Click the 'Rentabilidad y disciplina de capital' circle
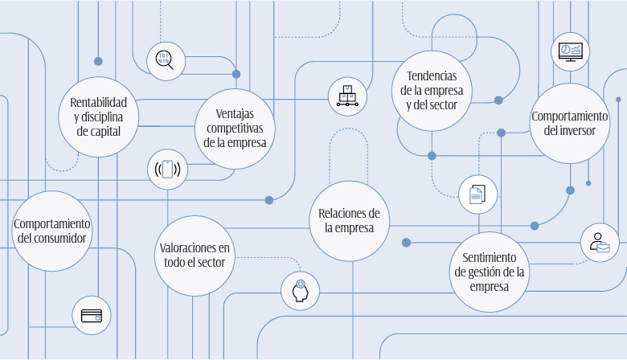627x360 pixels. pos(99,117)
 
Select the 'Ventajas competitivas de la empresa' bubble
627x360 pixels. pos(235,129)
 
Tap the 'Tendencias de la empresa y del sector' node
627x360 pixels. pos(432,90)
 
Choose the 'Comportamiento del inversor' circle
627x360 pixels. pos(569,123)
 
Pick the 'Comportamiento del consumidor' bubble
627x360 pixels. pos(52,231)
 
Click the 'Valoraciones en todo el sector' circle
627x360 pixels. pos(195,255)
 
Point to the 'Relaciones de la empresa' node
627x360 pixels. pos(349,220)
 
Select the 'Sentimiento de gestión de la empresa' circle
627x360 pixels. pos(490,272)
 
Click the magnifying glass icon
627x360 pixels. pos(166,61)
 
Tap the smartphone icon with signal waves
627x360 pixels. pos(167,170)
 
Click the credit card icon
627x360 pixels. pos(91,315)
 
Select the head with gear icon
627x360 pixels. pos(301,291)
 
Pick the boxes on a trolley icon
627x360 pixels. pos(347,96)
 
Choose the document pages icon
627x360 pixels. pos(477,194)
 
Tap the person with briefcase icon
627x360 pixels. pos(600,243)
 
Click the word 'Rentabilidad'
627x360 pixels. pos(99,103)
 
